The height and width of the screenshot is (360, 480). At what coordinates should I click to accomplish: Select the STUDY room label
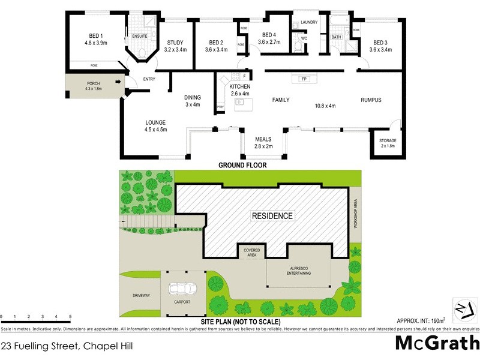176,43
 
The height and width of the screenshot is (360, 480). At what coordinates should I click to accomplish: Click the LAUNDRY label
309,22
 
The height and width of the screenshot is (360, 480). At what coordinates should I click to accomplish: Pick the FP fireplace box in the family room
304,79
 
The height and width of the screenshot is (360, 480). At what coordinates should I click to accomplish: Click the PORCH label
94,83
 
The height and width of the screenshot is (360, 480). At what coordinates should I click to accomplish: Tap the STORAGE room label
388,140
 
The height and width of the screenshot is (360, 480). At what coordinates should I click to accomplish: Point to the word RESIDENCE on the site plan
272,216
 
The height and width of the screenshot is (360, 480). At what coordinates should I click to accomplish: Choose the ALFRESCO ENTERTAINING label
298,271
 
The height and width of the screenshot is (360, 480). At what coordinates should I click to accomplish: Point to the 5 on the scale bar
70,316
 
